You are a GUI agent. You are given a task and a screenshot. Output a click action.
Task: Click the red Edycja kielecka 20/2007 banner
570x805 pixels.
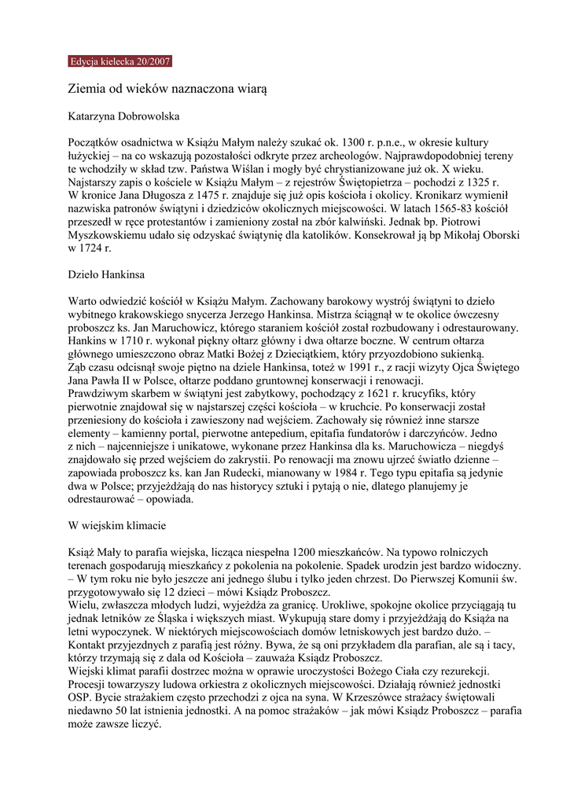(120, 61)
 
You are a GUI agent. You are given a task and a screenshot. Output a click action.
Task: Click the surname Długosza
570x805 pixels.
(171, 194)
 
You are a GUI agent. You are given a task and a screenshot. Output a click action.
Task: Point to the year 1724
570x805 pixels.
(94, 248)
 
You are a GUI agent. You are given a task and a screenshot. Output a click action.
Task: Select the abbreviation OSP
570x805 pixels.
(80, 697)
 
